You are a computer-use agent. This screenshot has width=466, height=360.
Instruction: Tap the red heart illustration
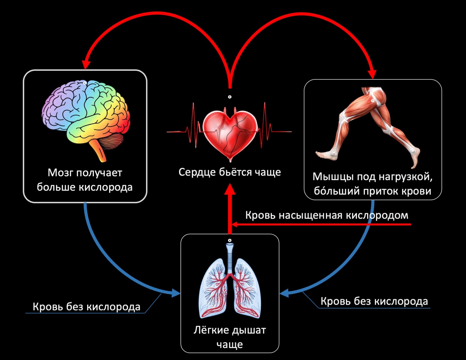pos(230,134)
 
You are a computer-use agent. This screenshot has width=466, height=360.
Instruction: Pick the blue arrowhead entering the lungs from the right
pos(284,293)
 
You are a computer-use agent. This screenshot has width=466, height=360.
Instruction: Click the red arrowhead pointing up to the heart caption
pos(230,189)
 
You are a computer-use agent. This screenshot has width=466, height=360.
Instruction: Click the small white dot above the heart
pos(230,97)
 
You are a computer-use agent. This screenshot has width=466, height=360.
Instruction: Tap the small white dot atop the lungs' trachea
pos(230,240)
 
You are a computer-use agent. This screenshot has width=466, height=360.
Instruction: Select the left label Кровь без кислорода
pos(86,307)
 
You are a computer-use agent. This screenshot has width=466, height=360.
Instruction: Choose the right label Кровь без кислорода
pos(374,301)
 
